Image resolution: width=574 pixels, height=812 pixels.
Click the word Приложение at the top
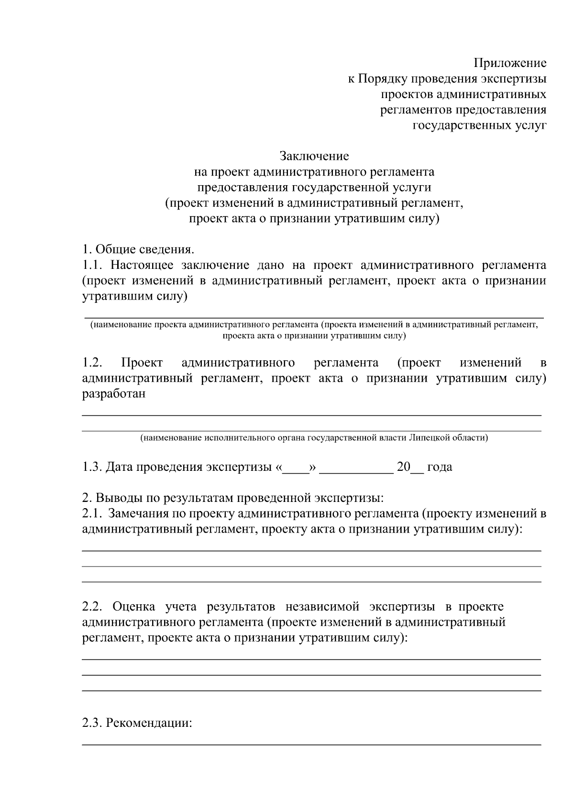pos(510,63)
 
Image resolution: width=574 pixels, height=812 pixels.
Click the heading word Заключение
pos(314,156)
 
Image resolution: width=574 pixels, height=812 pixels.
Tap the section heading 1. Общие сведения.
pos(138,249)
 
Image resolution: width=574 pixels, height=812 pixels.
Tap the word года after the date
pos(439,467)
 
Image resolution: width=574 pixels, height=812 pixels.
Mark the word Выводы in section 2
pos(115,498)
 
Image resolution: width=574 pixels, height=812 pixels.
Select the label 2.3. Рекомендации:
pos(137,723)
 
